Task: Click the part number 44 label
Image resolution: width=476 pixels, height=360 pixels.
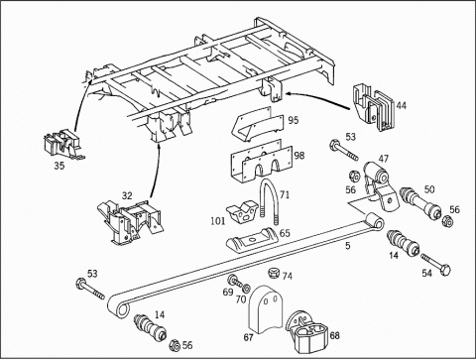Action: (x=402, y=105)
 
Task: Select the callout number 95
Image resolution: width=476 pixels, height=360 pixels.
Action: (x=293, y=120)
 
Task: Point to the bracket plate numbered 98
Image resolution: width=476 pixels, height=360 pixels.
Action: (x=261, y=162)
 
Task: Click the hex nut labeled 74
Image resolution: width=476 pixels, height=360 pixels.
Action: (x=274, y=273)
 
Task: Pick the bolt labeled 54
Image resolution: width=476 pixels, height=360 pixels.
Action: (x=436, y=265)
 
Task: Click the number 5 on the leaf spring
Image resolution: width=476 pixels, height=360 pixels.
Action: (x=347, y=246)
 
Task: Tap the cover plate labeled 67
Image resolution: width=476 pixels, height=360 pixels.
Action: (x=266, y=309)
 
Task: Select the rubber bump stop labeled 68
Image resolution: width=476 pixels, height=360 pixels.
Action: (x=306, y=333)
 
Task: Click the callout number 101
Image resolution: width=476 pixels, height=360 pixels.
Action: (x=218, y=221)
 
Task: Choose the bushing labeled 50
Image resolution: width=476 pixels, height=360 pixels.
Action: (x=420, y=204)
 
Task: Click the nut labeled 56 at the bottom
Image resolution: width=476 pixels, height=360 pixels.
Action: (x=175, y=345)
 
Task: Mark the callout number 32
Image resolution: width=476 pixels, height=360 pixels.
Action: (x=127, y=195)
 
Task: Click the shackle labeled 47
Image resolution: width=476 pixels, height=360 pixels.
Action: (x=379, y=185)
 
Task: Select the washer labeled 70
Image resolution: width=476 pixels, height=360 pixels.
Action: (x=246, y=289)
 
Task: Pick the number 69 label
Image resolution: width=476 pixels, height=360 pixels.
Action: (x=228, y=293)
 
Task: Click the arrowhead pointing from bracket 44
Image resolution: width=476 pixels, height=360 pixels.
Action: (x=289, y=94)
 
